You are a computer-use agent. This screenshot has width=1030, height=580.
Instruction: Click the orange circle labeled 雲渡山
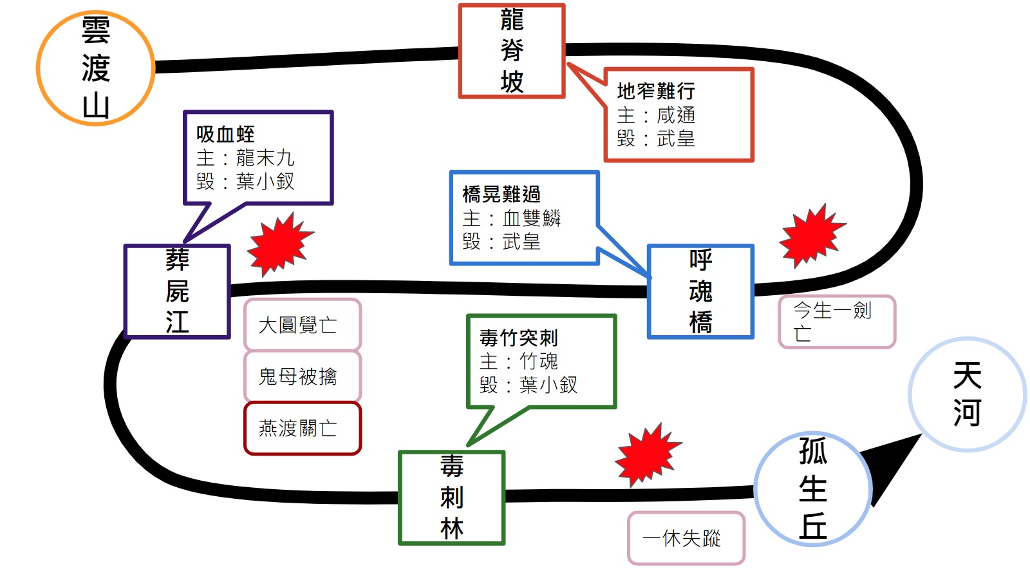[95, 68]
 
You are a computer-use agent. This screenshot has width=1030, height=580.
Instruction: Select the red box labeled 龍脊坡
[512, 51]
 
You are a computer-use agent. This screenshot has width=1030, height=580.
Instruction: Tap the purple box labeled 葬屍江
[177, 291]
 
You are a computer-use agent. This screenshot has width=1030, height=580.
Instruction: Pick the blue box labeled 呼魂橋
[700, 291]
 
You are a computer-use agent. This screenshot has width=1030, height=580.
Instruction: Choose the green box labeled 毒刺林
[452, 498]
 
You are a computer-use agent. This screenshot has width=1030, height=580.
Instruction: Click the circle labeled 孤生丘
[813, 489]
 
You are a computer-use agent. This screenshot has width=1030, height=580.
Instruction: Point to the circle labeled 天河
[967, 394]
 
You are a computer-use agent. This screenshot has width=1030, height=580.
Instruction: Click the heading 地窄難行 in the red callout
[655, 91]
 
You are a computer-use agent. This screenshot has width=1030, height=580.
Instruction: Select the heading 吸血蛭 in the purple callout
[225, 134]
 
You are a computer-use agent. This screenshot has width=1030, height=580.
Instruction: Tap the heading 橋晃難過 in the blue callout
[501, 194]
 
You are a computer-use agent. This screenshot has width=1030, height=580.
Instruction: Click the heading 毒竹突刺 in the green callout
[519, 338]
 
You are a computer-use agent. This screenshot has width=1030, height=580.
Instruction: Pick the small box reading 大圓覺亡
[303, 325]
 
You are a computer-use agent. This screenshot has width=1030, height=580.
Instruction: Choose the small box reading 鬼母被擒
[303, 376]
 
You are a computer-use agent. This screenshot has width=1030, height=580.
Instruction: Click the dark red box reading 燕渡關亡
[303, 429]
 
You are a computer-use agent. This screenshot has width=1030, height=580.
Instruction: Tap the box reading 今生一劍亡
[836, 322]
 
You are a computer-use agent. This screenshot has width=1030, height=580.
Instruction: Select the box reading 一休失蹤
[686, 538]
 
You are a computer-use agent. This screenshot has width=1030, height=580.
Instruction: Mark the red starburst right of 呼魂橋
[811, 235]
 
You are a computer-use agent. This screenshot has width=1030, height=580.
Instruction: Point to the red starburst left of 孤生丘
[647, 454]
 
